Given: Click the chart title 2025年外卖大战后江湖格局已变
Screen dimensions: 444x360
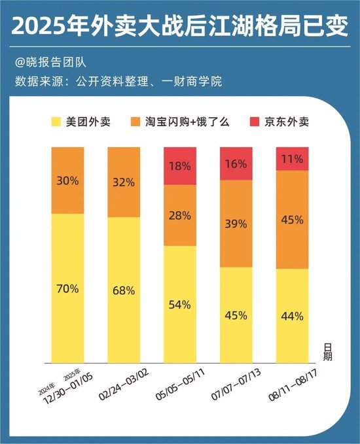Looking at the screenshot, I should point(179,27).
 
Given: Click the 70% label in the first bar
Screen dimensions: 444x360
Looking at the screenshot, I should point(67,288).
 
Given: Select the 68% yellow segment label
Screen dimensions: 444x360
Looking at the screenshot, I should point(124,290).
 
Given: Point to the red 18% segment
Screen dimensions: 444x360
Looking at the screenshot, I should point(180,166).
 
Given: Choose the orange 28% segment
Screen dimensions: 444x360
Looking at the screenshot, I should point(180,215).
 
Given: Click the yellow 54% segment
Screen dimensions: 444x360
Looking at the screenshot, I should point(180,305).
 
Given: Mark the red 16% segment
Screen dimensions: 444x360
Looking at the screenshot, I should point(236,163).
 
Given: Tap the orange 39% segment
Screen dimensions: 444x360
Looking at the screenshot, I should point(236,224).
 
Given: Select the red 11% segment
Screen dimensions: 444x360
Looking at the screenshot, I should point(292,159).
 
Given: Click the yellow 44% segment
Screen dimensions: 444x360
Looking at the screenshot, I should point(292,316).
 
